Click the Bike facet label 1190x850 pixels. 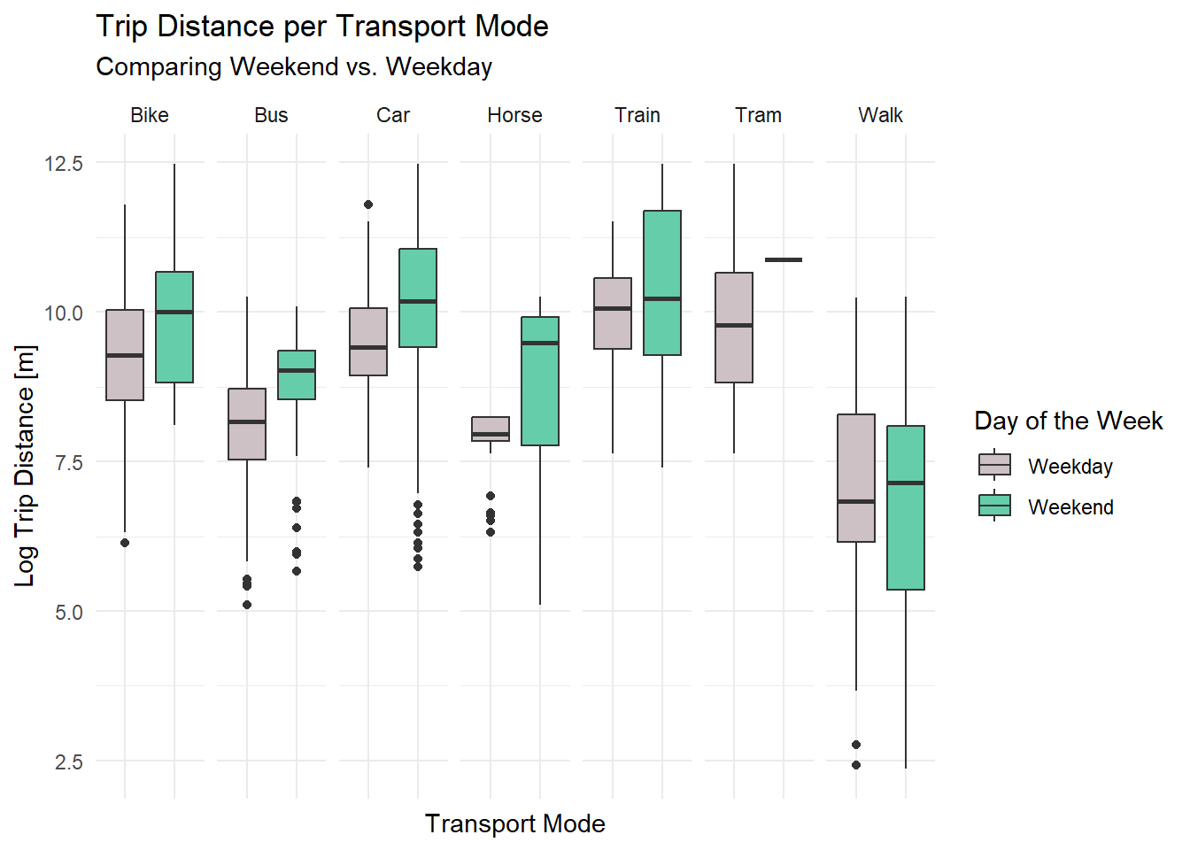149,115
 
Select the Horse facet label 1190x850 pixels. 514,115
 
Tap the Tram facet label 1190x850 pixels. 758,115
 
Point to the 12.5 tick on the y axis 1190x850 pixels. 63,164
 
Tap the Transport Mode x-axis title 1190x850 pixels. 514,823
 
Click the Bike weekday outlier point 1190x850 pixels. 125,543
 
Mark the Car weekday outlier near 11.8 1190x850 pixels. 368,205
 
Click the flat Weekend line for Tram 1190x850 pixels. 784,259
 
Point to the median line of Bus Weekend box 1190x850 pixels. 297,370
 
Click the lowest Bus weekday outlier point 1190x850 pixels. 247,605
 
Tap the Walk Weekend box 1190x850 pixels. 906,531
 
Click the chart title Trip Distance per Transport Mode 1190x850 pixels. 321,27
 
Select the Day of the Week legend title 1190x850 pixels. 1068,421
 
